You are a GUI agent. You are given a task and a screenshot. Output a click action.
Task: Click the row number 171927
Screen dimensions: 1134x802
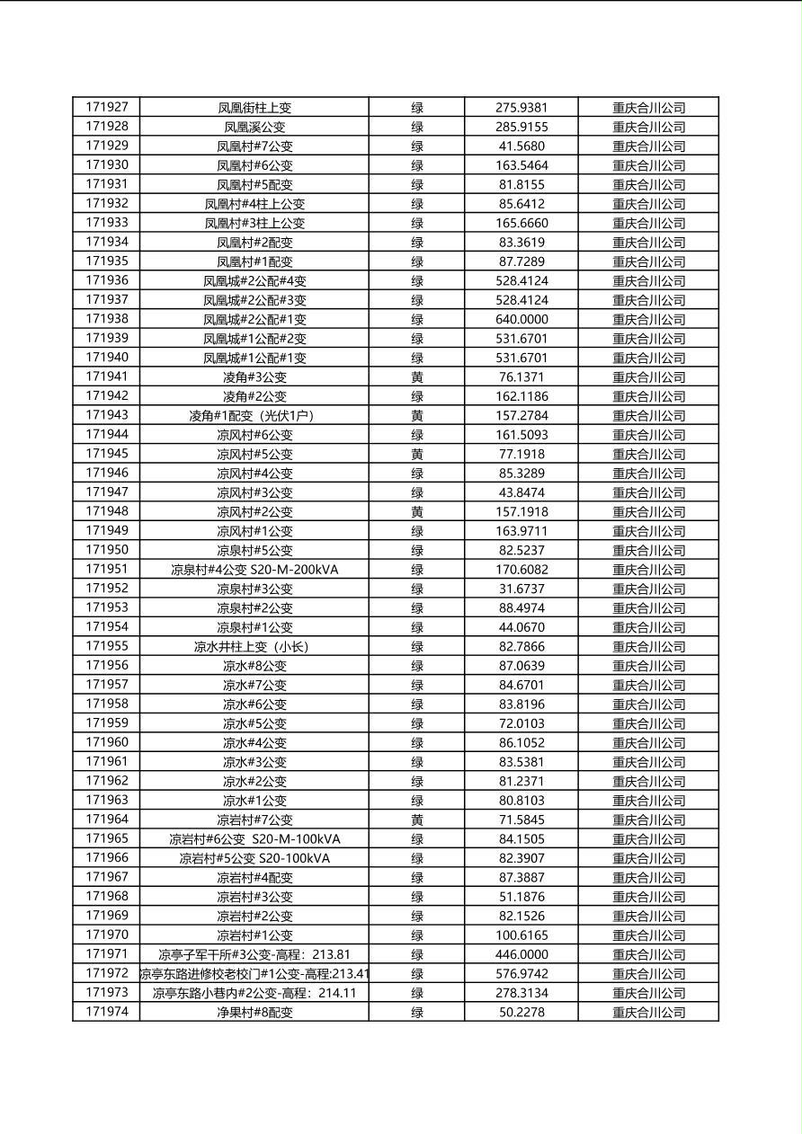106,107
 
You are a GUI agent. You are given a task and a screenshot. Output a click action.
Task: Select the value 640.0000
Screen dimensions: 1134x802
521,319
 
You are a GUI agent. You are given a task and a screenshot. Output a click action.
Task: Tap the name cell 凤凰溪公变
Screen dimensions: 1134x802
254,127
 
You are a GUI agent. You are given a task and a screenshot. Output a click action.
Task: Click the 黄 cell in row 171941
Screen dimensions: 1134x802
417,377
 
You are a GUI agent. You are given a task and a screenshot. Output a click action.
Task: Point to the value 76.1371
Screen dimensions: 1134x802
521,377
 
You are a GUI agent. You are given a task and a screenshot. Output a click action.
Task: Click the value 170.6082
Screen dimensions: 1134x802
521,570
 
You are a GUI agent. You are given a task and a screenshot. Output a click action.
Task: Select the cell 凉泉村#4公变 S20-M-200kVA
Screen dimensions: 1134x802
254,570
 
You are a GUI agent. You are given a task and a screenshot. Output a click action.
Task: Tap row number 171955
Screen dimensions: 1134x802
106,646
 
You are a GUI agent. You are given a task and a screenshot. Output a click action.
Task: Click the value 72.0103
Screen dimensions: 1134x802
521,723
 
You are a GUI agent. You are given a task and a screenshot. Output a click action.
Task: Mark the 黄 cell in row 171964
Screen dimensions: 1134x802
417,819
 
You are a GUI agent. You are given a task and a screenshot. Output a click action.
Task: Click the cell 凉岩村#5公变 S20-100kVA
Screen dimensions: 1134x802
254,858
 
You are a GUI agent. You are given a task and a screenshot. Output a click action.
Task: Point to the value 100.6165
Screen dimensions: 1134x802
521,935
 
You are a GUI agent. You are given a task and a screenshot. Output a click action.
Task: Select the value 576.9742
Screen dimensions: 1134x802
521,974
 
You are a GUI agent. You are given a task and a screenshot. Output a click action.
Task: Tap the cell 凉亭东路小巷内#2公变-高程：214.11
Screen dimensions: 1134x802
254,993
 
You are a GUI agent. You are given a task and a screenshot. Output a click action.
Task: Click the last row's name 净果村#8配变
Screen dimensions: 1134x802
254,1013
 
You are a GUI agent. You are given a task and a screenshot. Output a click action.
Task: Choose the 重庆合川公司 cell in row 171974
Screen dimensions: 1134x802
648,1013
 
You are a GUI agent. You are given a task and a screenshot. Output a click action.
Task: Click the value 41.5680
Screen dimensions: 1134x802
521,146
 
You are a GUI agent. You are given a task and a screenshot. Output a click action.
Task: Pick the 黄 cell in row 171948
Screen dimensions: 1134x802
417,512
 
